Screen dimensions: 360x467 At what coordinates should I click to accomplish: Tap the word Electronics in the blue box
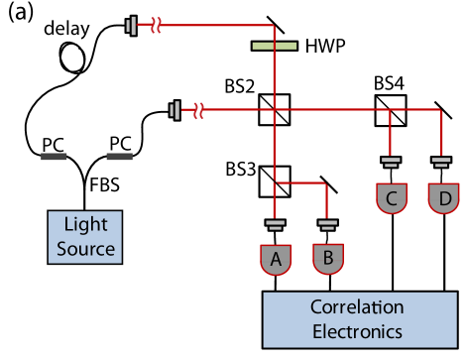point(357,330)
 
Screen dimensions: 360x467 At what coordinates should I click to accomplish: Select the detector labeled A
point(277,260)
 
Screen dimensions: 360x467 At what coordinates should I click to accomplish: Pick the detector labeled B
point(328,260)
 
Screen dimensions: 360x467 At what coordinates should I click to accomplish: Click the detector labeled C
point(392,199)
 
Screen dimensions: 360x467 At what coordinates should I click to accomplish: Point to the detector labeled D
point(443,199)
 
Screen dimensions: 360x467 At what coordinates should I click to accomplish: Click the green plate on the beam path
point(274,45)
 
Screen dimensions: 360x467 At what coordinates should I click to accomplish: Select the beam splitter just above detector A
point(275,180)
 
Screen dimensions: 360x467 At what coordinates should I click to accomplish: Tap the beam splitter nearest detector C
point(390,110)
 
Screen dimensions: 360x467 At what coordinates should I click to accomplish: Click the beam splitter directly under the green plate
point(275,110)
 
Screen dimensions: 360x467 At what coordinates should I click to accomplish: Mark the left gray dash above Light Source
point(55,157)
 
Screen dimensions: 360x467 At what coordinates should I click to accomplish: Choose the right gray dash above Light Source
point(119,157)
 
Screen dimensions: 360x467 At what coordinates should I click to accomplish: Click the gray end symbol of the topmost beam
point(131,25)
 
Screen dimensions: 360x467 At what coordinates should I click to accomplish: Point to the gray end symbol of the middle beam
point(175,110)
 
